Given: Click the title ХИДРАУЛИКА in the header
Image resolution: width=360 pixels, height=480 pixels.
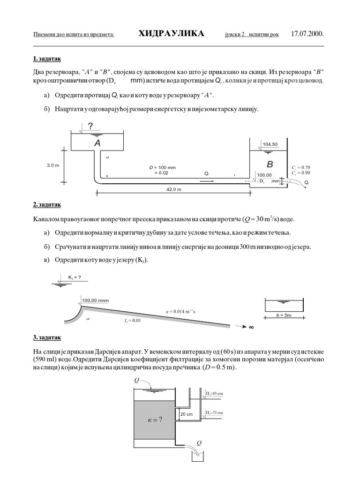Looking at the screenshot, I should (172, 34).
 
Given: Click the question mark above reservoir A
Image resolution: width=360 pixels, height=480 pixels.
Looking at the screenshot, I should (90, 125).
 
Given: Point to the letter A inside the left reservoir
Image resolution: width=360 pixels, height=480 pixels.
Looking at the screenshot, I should (97, 143).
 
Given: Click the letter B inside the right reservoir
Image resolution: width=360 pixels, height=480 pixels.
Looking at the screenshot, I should (270, 164).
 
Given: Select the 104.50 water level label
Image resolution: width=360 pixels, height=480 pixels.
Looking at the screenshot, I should (270, 144).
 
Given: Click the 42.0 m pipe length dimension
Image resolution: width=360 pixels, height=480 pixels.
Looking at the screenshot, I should (173, 189).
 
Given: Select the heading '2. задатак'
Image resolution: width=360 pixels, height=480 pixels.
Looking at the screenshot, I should (47, 205).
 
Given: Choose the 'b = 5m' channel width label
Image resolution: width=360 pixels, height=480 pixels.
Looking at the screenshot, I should (283, 315).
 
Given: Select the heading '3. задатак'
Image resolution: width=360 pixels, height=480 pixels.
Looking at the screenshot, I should (47, 337).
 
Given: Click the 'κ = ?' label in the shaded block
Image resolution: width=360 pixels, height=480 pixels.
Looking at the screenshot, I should (155, 420).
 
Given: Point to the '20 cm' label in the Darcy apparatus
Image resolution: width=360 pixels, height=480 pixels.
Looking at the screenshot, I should (186, 414).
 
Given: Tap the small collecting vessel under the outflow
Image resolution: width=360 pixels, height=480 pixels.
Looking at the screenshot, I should (197, 456).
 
